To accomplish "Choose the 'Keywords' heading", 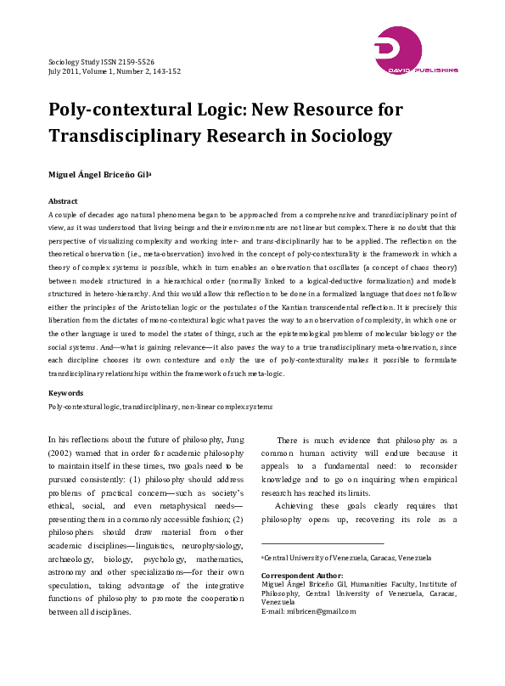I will [65, 394].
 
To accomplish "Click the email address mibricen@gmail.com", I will [319, 611].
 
